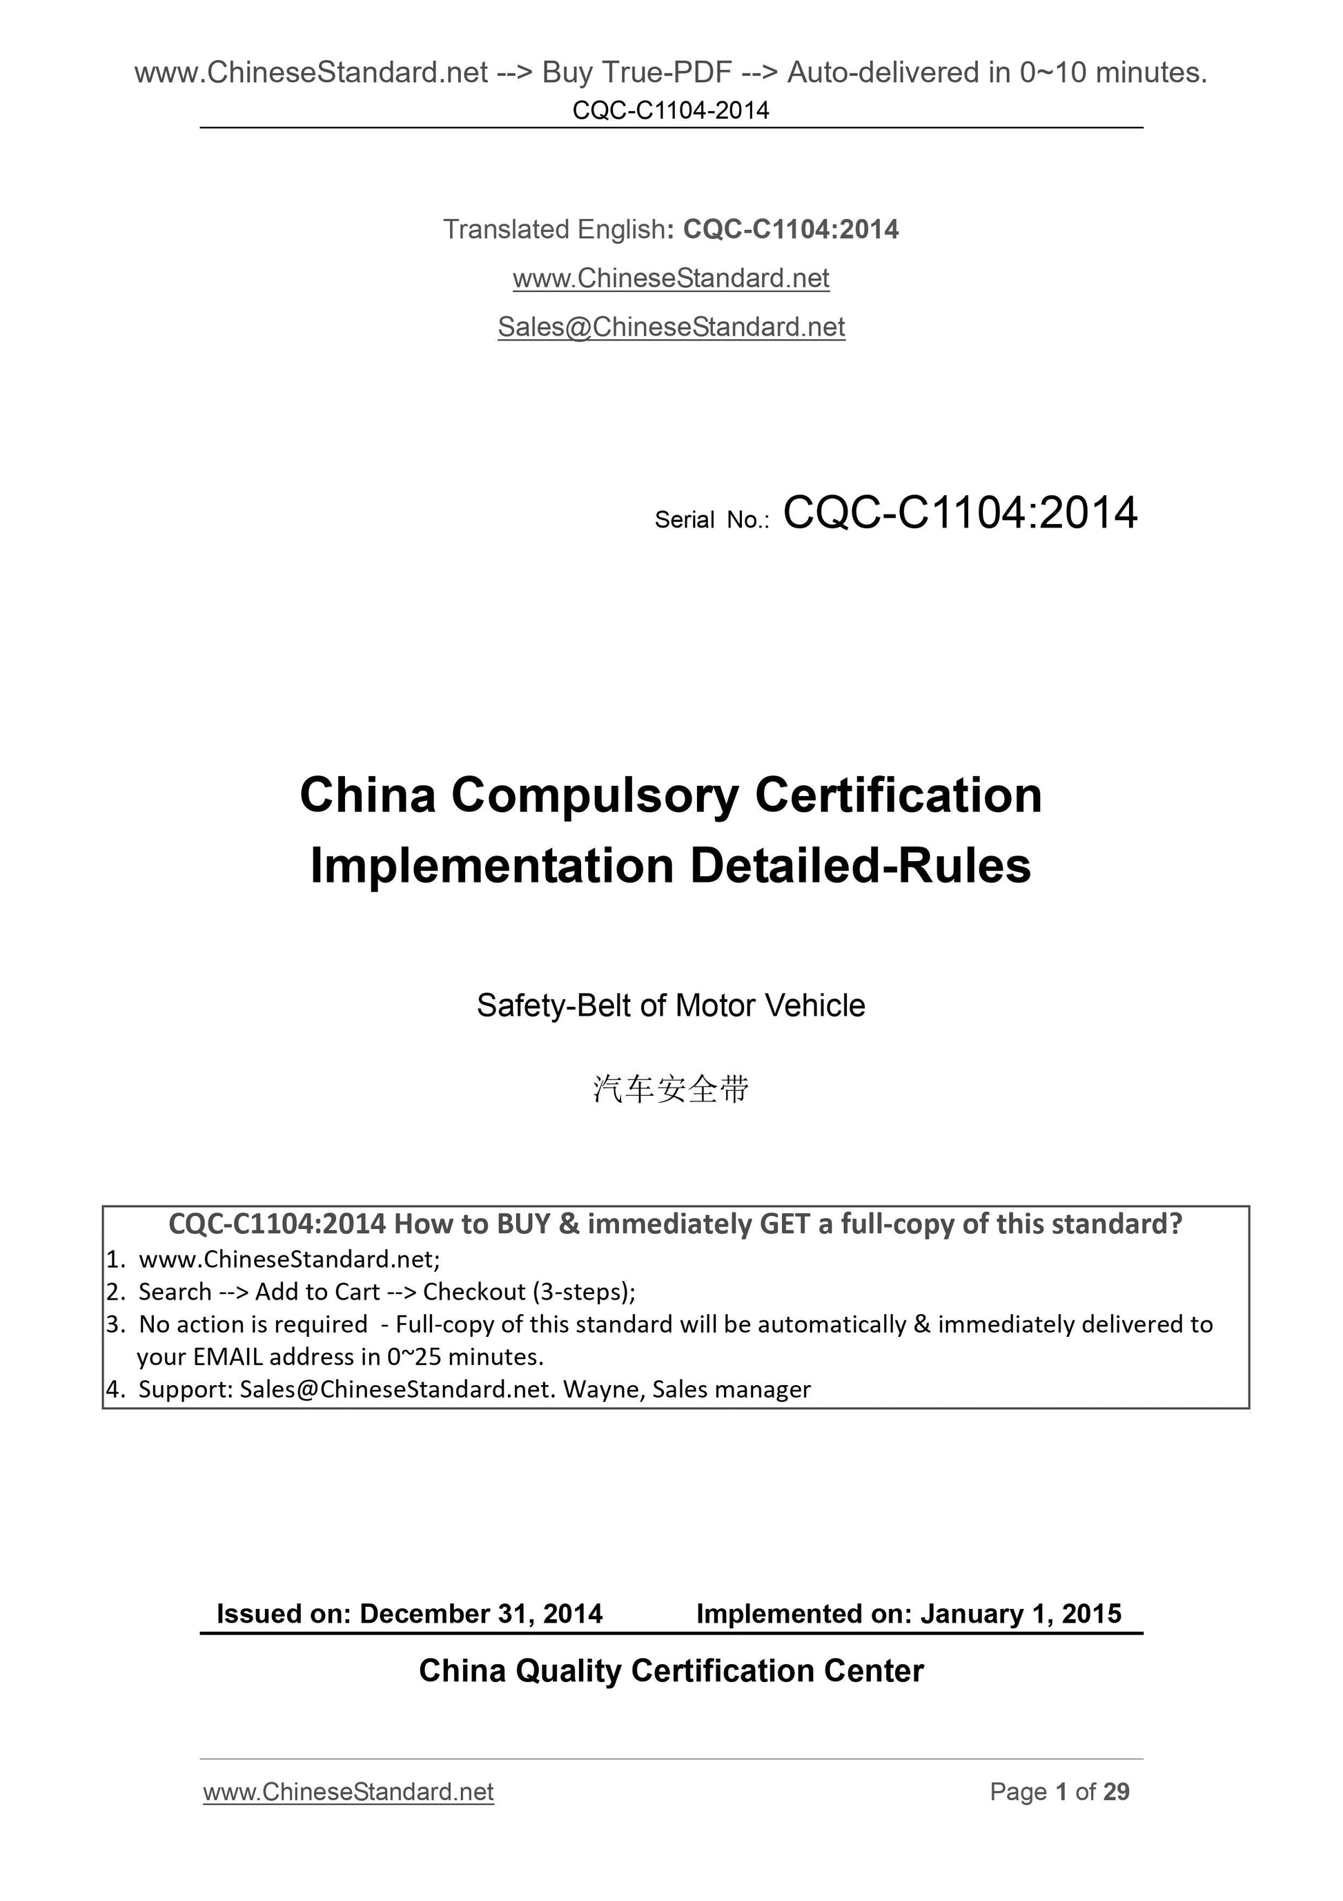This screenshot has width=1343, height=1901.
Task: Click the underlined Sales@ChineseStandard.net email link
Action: tap(671, 328)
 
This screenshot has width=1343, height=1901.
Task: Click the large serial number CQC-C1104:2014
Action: tap(960, 513)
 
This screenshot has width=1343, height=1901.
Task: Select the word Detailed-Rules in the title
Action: tap(861, 867)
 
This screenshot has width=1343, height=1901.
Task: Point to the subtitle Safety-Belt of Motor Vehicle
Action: tap(671, 1006)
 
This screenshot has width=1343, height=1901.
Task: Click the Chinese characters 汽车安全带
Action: tap(671, 1090)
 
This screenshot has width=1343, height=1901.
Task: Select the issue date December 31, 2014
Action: tap(481, 1613)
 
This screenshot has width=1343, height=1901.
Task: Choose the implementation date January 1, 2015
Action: tap(1021, 1613)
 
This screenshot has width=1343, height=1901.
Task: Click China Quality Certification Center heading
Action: tap(671, 1671)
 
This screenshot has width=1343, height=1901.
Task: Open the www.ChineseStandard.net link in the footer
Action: tap(349, 1792)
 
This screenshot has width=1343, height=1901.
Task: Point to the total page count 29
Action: tap(1116, 1792)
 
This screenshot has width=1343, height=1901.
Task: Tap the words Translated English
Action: tap(554, 229)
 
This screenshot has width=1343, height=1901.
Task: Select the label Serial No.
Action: tap(712, 520)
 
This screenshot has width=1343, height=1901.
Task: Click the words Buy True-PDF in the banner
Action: tap(636, 74)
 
